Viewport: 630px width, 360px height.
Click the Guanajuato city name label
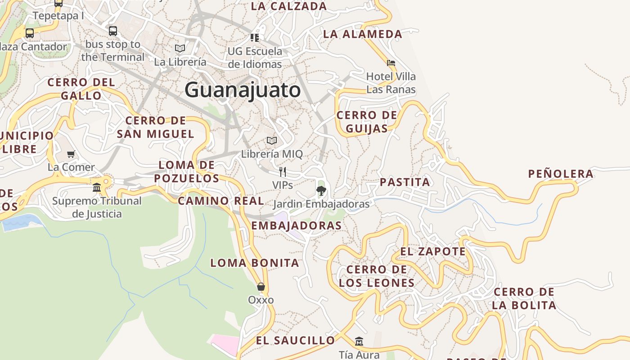(243, 90)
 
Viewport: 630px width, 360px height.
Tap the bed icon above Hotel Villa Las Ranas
(391, 63)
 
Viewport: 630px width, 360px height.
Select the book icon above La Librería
(180, 48)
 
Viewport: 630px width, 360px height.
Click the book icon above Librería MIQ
(271, 140)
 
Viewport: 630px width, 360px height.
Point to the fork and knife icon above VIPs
(283, 171)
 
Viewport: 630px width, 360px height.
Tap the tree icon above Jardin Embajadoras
(321, 191)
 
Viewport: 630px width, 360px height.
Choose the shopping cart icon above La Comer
(71, 154)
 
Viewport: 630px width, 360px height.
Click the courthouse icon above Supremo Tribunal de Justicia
(97, 187)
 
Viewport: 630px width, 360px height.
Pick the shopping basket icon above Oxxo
(261, 287)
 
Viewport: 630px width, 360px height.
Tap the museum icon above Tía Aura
(359, 342)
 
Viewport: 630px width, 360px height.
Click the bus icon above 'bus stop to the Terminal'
(113, 31)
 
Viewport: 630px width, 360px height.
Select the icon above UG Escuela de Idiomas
(255, 37)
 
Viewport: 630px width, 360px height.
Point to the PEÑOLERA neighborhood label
(561, 174)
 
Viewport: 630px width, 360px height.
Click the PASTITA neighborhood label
(405, 182)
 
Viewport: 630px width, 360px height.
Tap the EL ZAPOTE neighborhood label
(433, 252)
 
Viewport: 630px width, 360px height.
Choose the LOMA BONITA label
(255, 263)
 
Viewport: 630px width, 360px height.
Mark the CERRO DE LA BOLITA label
(524, 298)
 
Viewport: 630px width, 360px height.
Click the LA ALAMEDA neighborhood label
(363, 34)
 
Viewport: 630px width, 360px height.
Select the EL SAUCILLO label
(296, 341)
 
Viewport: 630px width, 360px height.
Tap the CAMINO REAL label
(221, 201)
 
